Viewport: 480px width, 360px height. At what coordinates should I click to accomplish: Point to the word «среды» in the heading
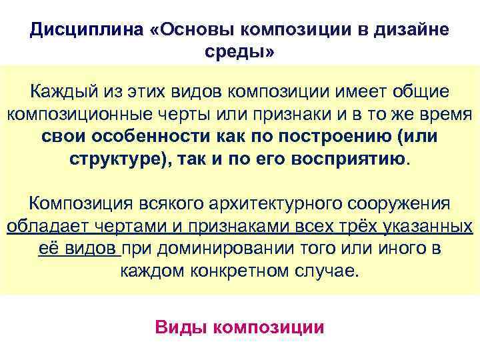coord(237,52)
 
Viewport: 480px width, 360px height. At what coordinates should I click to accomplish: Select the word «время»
coord(437,113)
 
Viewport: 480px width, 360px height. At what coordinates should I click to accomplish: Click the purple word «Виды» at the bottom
coord(176,328)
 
